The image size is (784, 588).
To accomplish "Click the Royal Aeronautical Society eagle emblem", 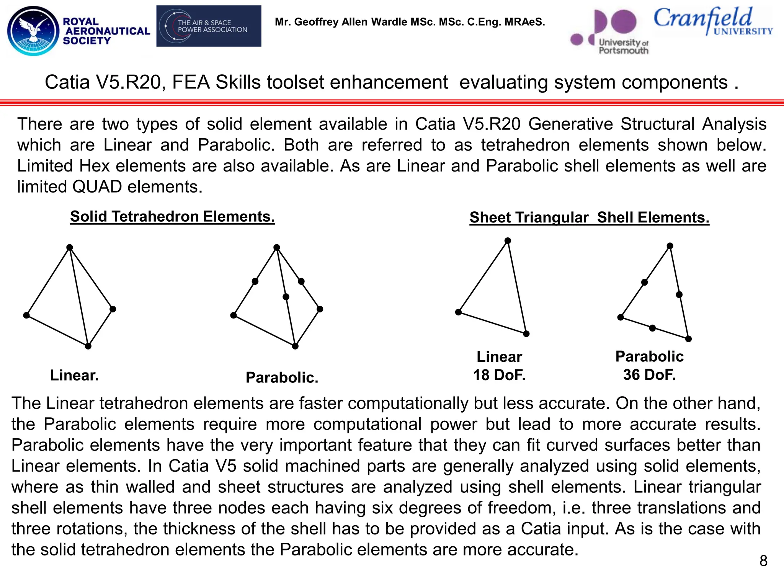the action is click(x=33, y=31).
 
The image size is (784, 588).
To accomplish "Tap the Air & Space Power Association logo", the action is click(x=209, y=26).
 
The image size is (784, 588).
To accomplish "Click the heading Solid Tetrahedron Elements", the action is click(x=172, y=217).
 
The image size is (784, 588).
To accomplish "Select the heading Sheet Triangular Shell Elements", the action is click(x=589, y=217).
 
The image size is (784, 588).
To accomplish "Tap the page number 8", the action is click(x=763, y=561).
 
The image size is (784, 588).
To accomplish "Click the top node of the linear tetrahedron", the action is click(x=70, y=248).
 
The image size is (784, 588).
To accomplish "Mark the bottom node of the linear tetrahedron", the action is click(x=88, y=346).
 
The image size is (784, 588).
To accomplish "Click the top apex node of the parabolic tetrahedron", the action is click(x=277, y=248).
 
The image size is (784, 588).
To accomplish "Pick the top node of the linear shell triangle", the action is click(x=508, y=241).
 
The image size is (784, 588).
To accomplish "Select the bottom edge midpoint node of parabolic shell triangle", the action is click(x=653, y=328).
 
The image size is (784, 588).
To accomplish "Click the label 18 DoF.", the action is click(x=499, y=375).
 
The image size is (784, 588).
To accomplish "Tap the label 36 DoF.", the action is click(x=649, y=374).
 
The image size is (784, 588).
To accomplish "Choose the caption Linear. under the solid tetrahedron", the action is click(x=74, y=375).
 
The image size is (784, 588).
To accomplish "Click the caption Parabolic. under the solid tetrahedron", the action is click(x=282, y=377).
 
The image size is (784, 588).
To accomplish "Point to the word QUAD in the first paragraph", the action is click(x=97, y=187).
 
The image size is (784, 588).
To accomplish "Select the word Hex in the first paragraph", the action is click(x=95, y=166).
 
